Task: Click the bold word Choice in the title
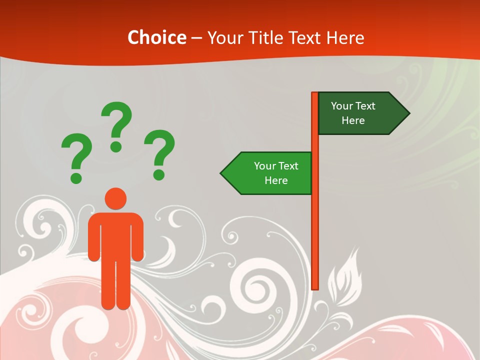(x=156, y=37)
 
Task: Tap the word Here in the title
(x=345, y=37)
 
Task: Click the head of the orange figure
(x=116, y=199)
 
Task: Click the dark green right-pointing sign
(x=357, y=113)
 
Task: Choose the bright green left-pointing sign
(x=270, y=173)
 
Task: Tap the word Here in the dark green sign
(x=353, y=120)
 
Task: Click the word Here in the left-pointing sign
(x=276, y=180)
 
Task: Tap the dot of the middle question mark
(x=116, y=146)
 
